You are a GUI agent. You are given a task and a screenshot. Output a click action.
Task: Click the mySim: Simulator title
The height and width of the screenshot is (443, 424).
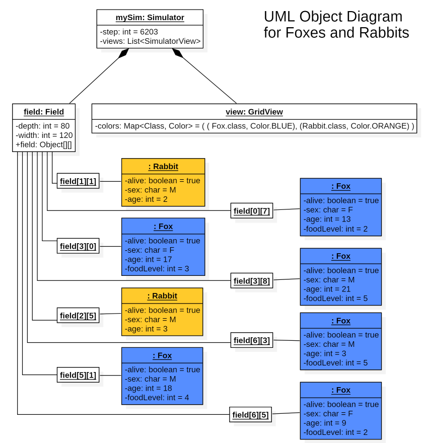coord(150,18)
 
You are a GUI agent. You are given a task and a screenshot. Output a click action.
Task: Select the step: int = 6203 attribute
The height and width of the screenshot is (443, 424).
coord(129,32)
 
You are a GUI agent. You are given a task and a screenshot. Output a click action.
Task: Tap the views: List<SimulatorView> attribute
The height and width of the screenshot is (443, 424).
coord(150,41)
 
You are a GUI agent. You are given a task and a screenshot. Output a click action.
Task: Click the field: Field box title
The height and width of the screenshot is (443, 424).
coord(44,112)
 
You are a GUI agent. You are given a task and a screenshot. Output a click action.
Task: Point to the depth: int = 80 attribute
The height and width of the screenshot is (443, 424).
coord(42,125)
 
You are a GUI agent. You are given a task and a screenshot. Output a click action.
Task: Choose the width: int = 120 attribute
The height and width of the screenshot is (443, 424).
coord(44,135)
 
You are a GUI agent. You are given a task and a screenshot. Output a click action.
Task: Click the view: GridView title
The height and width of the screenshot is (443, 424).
coord(254,112)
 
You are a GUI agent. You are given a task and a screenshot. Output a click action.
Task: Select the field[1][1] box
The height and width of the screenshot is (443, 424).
coord(78,181)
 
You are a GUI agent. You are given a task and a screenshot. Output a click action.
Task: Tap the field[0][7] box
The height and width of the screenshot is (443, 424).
coord(252,210)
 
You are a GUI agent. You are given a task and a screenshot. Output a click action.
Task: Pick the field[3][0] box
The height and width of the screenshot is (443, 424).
coord(78,246)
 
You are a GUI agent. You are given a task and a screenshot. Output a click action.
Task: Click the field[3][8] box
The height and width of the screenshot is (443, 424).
coord(252,280)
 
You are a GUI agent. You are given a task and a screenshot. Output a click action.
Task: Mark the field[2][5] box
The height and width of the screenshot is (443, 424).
coord(78,315)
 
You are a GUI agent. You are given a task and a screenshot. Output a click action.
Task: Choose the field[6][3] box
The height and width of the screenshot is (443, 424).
coord(252,340)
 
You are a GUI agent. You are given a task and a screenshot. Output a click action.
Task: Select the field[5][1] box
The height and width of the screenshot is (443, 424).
coord(78,375)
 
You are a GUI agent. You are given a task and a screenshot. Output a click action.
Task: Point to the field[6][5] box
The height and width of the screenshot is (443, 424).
coord(250,415)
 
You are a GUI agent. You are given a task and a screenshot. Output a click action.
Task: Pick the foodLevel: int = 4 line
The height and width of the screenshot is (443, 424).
coord(157,398)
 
